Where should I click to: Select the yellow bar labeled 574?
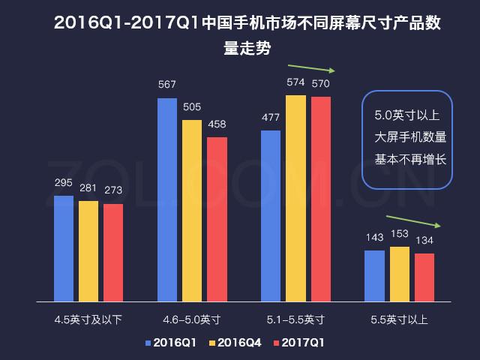tap(295, 198)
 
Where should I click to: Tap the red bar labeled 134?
tap(424, 277)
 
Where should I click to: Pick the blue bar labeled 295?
tap(64, 248)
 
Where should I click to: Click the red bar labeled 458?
tap(217, 219)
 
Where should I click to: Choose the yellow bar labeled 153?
tap(400, 274)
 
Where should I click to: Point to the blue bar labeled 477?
tap(271, 215)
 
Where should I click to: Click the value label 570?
tap(321, 82)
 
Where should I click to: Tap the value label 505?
tap(192, 106)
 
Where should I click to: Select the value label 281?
tap(88, 187)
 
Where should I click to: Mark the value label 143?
tap(374, 237)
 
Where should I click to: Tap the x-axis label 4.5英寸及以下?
tap(88, 319)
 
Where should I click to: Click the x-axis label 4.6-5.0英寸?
tap(191, 319)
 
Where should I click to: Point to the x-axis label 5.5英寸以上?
tap(399, 319)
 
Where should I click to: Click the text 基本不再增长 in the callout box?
tap(409, 159)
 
